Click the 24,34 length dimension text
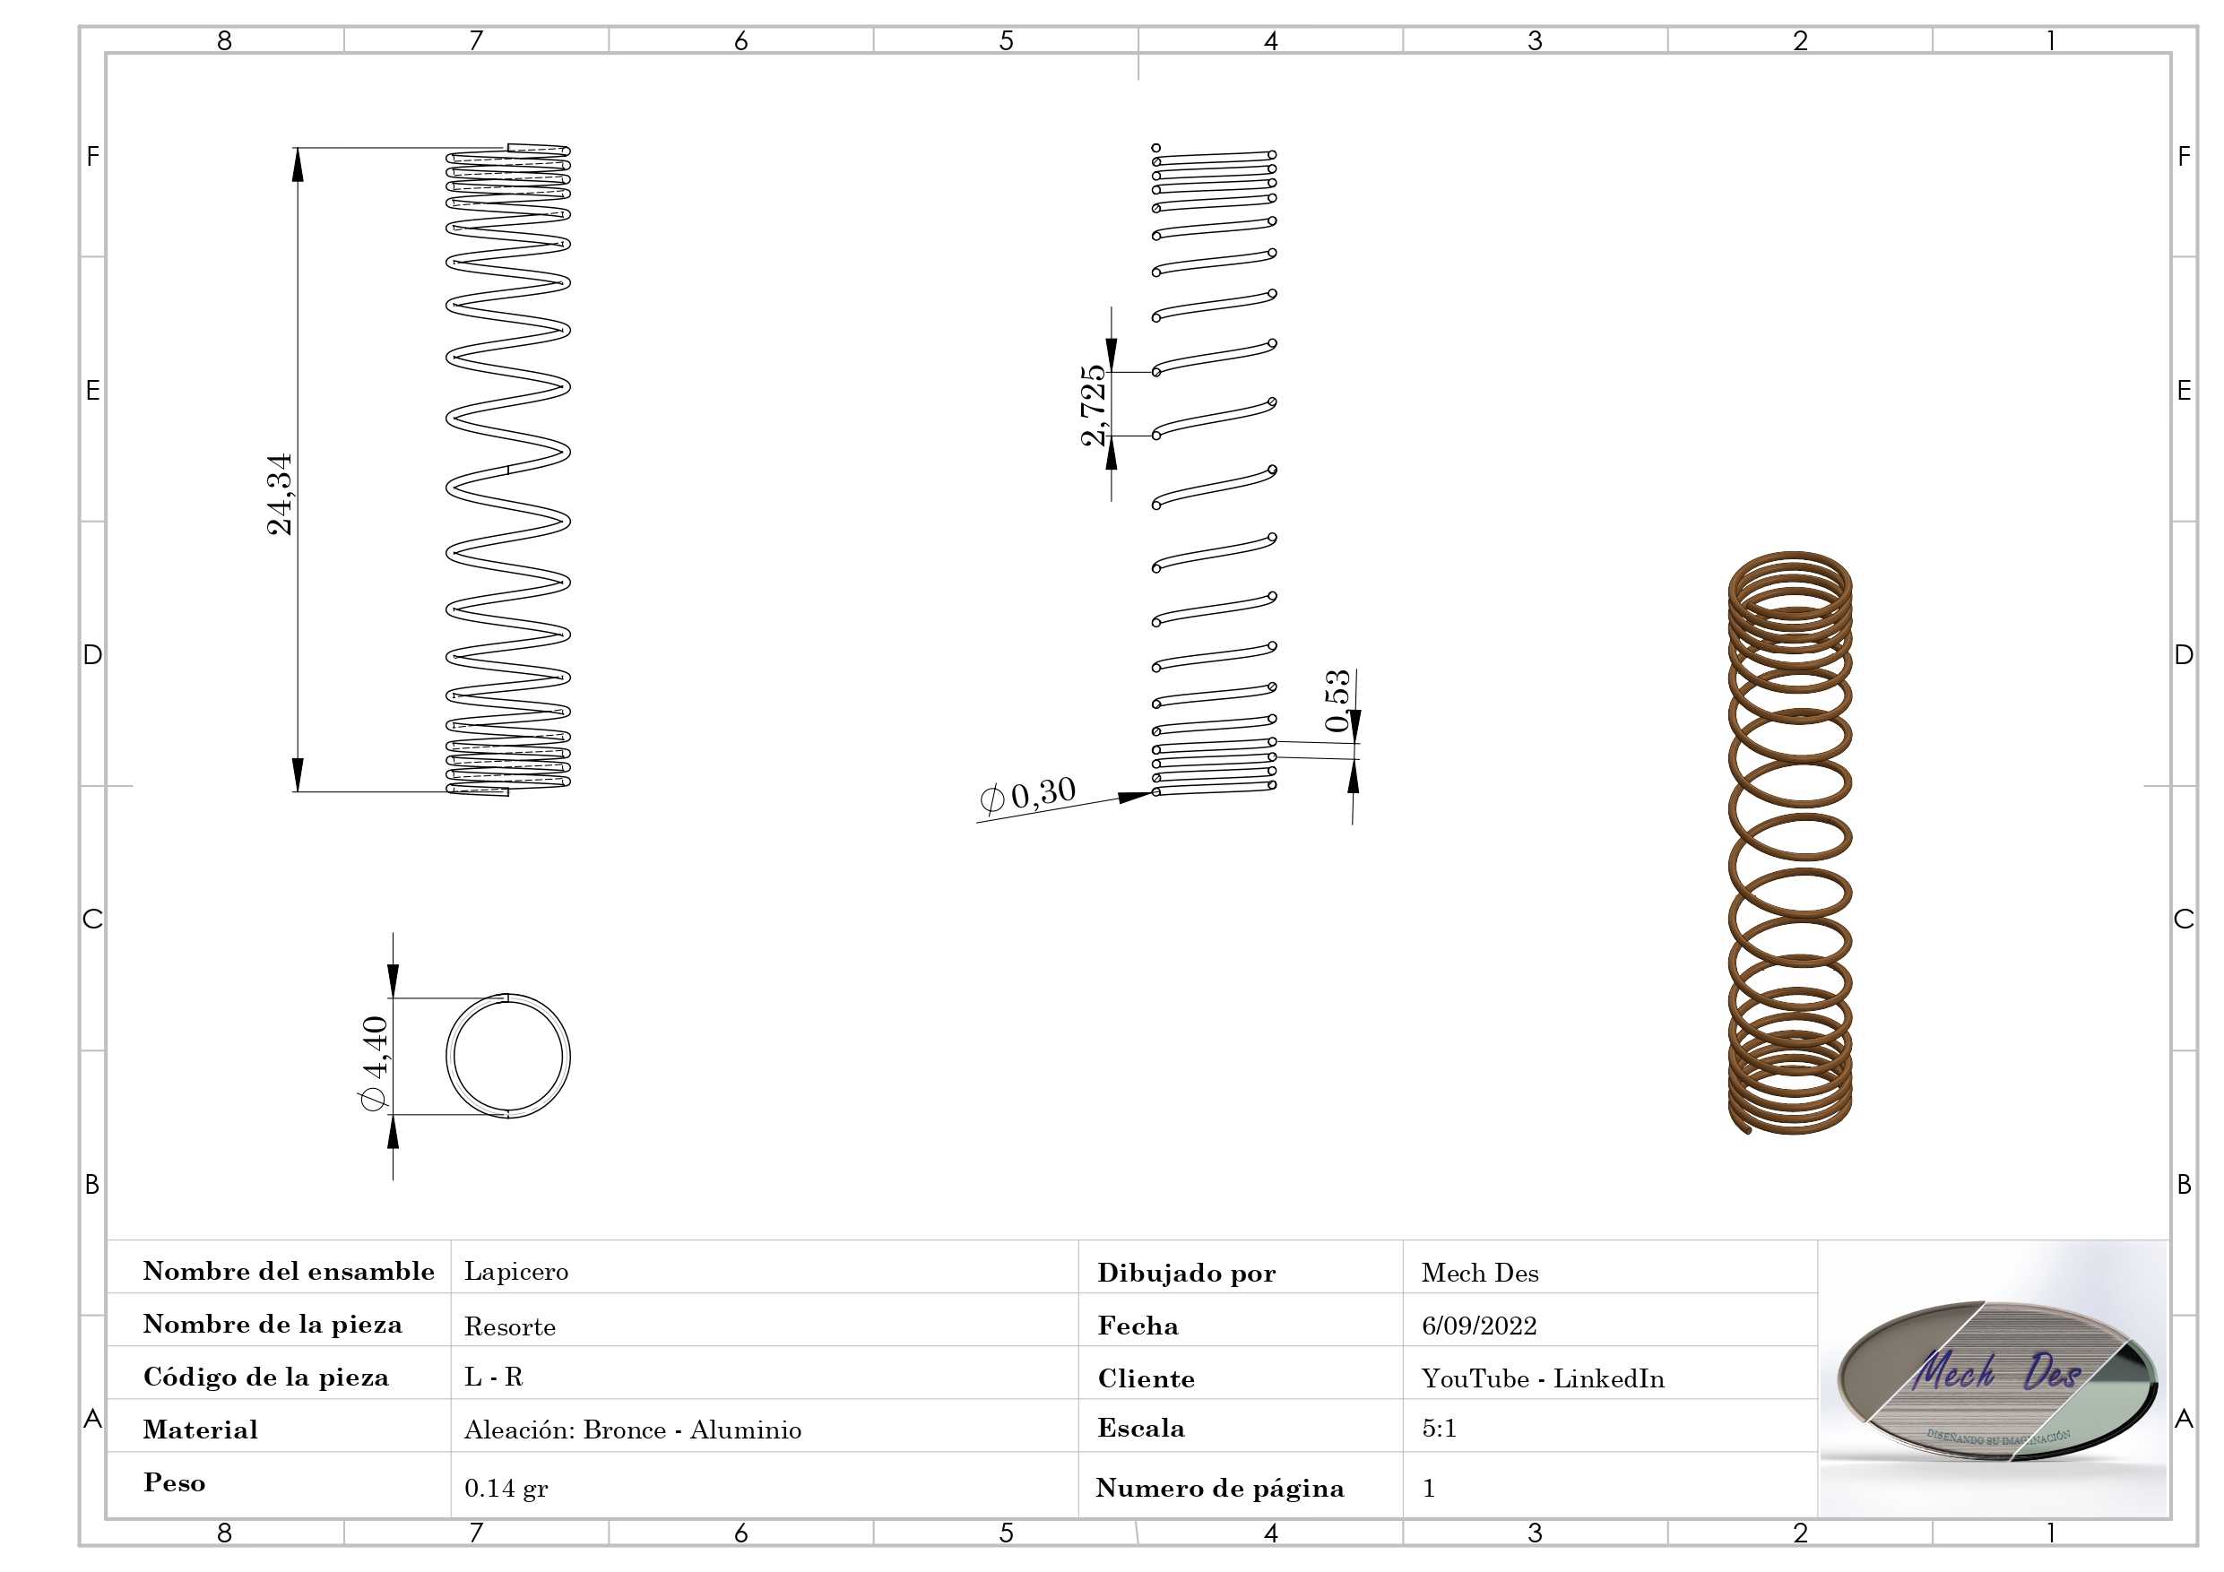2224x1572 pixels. click(280, 493)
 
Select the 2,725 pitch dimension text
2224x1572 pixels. click(1093, 405)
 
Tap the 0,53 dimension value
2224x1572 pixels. click(1337, 700)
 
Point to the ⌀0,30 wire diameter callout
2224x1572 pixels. click(1027, 795)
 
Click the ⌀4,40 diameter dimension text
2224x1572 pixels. click(374, 1064)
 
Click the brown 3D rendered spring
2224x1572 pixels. click(1790, 842)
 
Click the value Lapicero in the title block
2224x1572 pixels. click(516, 1271)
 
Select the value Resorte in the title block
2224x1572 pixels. click(509, 1326)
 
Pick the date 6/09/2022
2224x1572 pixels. click(1479, 1325)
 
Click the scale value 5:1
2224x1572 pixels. click(1439, 1428)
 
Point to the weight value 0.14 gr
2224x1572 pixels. click(506, 1488)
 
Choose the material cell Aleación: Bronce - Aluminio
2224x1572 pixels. click(633, 1429)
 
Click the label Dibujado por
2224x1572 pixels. click(1187, 1273)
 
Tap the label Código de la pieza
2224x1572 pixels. click(266, 1377)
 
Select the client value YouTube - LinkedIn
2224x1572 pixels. click(1543, 1378)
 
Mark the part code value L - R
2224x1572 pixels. click(493, 1377)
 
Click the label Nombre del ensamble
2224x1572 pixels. click(289, 1271)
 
